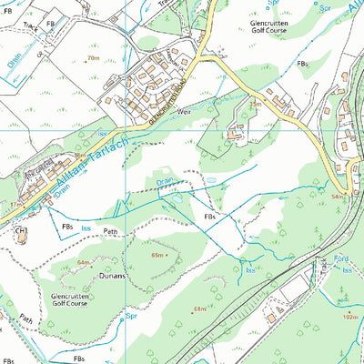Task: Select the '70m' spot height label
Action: [x=93, y=58]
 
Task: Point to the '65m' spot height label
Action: [x=160, y=256]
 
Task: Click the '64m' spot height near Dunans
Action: [x=85, y=262]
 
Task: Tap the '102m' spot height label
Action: [x=350, y=317]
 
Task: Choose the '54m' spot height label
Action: [x=339, y=197]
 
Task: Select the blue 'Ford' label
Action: [x=341, y=259]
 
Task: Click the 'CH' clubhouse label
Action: [x=21, y=232]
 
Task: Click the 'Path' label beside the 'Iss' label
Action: [x=110, y=231]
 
